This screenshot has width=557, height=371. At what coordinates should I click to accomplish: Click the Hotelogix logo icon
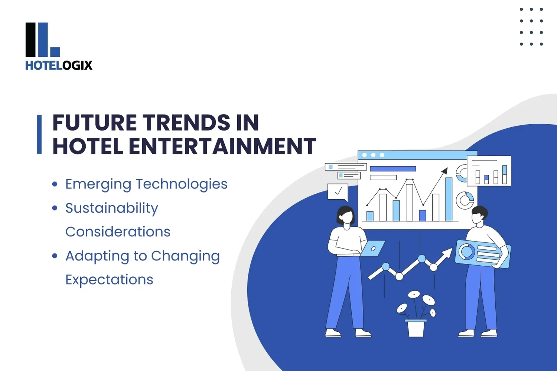(42, 40)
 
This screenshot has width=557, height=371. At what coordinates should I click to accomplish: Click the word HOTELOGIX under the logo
(59, 65)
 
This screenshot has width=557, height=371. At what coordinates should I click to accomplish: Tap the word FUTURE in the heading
(95, 123)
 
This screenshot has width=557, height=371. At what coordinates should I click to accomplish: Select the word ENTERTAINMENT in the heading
(222, 146)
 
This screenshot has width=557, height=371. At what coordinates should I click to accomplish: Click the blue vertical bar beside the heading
(39, 134)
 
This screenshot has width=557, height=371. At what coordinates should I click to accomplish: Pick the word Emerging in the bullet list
(98, 184)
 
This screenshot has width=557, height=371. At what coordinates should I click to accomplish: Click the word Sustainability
(111, 209)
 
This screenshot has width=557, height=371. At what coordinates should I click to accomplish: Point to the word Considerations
(118, 232)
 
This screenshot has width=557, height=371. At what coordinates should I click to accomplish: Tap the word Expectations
(109, 280)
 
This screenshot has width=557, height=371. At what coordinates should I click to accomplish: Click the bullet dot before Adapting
(55, 256)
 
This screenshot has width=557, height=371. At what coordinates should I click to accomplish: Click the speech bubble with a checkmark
(338, 192)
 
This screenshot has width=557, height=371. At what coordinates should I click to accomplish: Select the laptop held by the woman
(373, 248)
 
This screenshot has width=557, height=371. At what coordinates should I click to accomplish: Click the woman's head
(345, 215)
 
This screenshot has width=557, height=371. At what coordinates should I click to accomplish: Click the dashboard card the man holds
(483, 254)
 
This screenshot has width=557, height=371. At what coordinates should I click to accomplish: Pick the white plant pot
(416, 328)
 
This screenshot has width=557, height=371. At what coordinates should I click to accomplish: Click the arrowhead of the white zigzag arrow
(448, 253)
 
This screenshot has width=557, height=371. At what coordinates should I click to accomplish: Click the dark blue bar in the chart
(422, 215)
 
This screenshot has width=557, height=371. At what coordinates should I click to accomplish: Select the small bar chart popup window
(489, 171)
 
